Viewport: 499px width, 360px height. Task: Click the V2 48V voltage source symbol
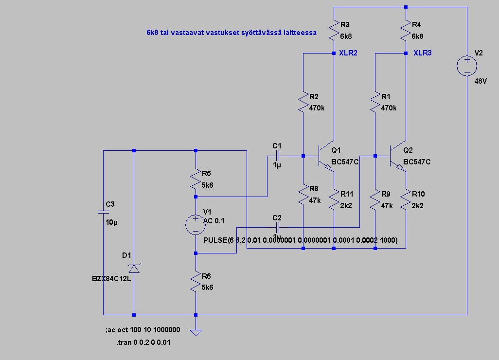click(x=466, y=66)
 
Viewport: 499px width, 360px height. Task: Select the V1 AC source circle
click(x=195, y=224)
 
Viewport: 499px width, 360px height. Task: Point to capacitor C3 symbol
click(x=103, y=212)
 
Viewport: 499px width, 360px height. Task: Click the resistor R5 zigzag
click(x=195, y=179)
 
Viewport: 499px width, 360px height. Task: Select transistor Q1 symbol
click(x=325, y=156)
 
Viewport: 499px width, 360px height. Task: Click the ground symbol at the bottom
click(x=195, y=332)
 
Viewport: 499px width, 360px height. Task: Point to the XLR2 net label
click(x=348, y=53)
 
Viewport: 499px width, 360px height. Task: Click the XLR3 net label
click(x=422, y=53)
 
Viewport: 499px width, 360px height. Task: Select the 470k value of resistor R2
click(x=317, y=108)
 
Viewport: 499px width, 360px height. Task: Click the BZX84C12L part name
click(x=111, y=279)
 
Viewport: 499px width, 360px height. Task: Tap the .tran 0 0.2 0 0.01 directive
click(x=143, y=342)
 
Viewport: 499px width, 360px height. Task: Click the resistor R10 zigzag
click(x=406, y=200)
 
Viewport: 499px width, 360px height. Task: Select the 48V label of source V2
click(x=480, y=81)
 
